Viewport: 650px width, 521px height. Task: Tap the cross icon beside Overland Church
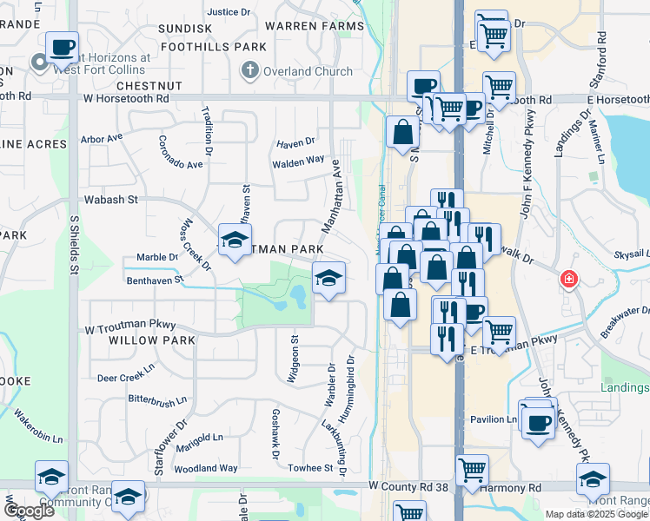(x=249, y=69)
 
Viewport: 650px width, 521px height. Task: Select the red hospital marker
(x=568, y=280)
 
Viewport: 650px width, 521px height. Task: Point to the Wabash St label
(x=111, y=200)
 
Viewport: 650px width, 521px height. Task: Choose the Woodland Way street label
(x=206, y=468)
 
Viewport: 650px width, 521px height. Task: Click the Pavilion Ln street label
(x=494, y=419)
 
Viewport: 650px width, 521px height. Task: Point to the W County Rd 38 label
(x=408, y=487)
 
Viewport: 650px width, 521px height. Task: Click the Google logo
(x=28, y=511)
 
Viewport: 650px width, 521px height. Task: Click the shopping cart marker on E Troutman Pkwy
(x=499, y=331)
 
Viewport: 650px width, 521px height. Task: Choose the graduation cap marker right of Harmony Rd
(x=593, y=478)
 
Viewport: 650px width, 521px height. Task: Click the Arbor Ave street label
(x=102, y=138)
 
